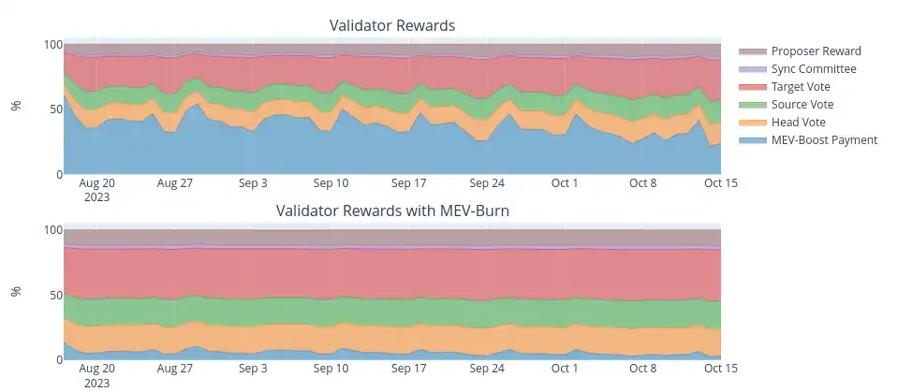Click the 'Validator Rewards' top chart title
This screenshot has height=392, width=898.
pos(391,25)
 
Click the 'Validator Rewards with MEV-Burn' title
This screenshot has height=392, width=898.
pos(391,211)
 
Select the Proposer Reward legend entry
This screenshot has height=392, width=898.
pos(816,51)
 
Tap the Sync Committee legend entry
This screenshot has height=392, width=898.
pos(813,69)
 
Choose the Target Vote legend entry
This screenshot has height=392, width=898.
pos(803,87)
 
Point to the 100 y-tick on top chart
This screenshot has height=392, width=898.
pos(54,45)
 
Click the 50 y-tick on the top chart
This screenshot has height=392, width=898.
pos(57,109)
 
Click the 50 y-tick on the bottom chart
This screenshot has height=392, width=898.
pos(57,295)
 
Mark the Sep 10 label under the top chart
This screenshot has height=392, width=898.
pos(331,183)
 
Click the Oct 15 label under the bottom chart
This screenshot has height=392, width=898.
pos(721,369)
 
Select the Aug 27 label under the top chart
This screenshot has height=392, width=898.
pos(174,183)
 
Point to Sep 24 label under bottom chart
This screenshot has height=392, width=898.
pos(487,369)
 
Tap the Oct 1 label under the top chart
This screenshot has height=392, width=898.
pos(565,183)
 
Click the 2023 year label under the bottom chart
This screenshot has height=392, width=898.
pos(96,383)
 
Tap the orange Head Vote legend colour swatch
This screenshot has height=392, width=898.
pos(753,123)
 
